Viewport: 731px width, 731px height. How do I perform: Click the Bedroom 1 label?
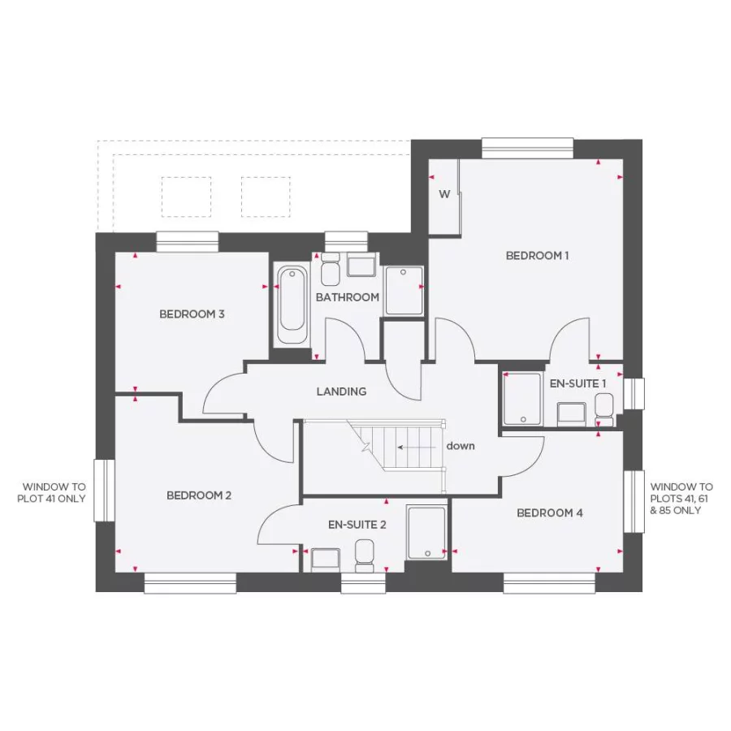point(537,256)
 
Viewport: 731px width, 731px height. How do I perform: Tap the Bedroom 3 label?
point(192,314)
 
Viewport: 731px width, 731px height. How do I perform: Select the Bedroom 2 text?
point(200,495)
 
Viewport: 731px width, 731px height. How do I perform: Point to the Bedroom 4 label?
point(549,513)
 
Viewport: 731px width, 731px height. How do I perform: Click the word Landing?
point(341,391)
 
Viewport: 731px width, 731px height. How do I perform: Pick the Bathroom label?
point(348,297)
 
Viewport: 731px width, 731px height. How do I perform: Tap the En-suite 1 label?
point(578,383)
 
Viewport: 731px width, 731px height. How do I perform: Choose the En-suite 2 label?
point(357,525)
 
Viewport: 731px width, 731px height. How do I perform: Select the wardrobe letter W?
point(444,194)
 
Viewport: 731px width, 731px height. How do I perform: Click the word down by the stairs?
point(461,446)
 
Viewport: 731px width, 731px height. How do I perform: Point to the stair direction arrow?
point(414,447)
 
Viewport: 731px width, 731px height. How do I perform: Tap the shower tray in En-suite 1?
point(522,399)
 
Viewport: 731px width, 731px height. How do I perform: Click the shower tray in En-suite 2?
point(426,533)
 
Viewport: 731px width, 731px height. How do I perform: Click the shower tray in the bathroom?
point(404,291)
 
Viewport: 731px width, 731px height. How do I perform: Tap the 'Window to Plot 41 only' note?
point(51,493)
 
